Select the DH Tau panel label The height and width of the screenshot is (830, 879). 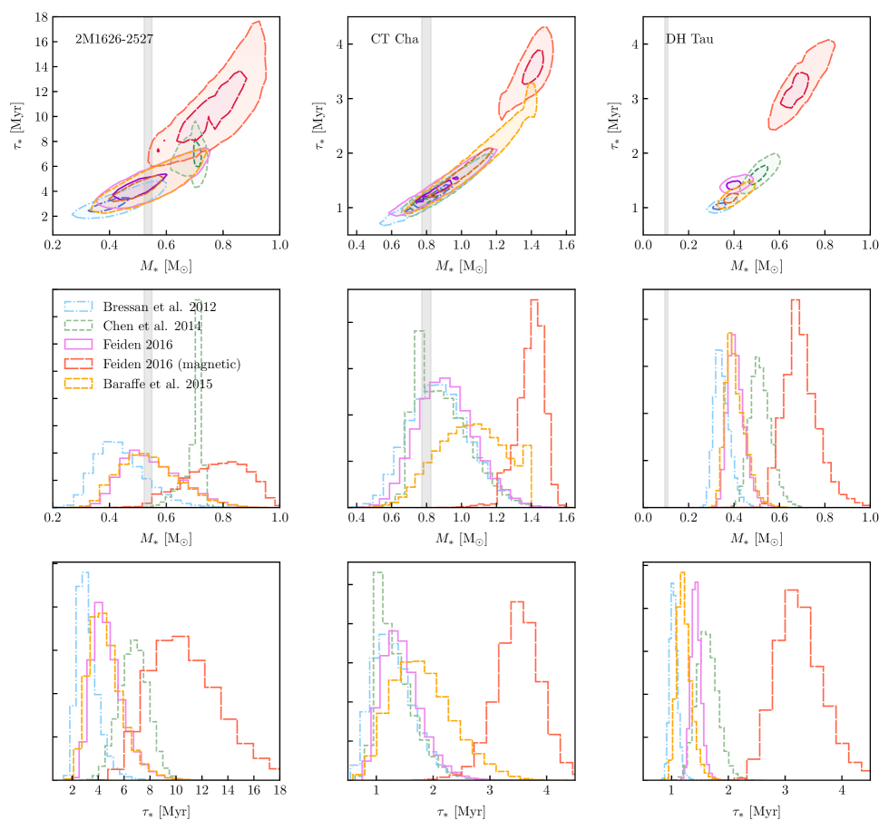point(686,39)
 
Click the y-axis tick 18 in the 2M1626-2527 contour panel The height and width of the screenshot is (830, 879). point(42,17)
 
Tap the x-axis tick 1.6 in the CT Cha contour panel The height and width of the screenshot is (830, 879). point(566,245)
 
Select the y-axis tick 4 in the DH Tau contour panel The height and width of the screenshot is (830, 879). point(634,44)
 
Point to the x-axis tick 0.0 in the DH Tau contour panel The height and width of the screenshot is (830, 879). point(643,245)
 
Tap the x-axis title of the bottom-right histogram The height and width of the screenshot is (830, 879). point(756,808)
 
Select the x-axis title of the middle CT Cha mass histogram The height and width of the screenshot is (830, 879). point(462,537)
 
